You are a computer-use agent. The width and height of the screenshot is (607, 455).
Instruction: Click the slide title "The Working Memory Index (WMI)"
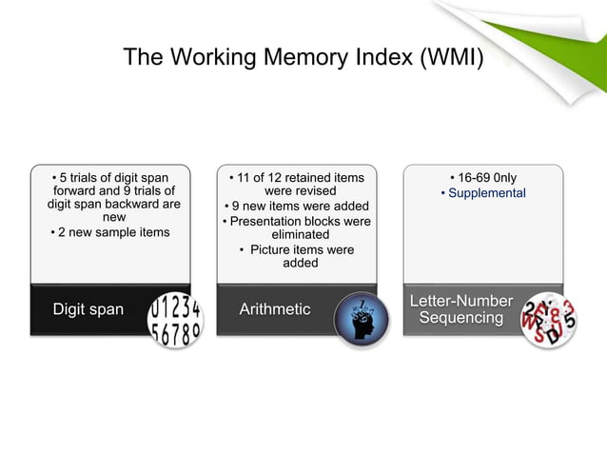pyautogui.click(x=303, y=58)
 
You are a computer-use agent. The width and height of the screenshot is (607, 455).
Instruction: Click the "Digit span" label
pyautogui.click(x=88, y=309)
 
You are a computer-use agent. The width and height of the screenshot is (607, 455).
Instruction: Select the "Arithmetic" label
pyautogui.click(x=274, y=309)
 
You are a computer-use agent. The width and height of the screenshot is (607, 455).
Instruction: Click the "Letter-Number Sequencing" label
pyautogui.click(x=460, y=309)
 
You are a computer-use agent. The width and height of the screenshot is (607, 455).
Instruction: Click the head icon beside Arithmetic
pyautogui.click(x=362, y=318)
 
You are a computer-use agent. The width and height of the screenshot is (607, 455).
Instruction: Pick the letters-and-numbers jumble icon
pyautogui.click(x=548, y=318)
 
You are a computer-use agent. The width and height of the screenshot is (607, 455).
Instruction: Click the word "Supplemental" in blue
pyautogui.click(x=486, y=193)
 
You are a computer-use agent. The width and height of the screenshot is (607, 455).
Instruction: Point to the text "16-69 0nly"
pyautogui.click(x=487, y=177)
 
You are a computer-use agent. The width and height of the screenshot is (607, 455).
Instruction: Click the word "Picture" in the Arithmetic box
pyautogui.click(x=276, y=249)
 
